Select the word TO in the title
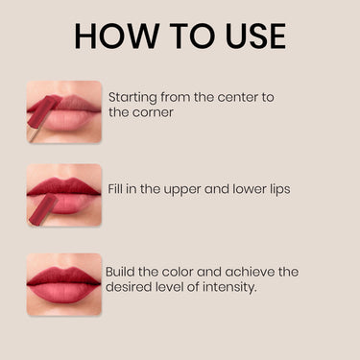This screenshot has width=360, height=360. [x=179, y=36]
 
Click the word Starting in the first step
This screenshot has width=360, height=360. [x=133, y=97]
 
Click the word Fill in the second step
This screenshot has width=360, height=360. [x=118, y=189]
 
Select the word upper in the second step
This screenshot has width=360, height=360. [x=192, y=190]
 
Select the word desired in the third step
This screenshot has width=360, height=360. [x=132, y=286]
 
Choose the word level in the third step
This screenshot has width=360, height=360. [x=175, y=286]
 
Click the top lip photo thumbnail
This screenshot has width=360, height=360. [x=64, y=112]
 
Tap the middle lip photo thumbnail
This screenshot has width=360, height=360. [x=64, y=195]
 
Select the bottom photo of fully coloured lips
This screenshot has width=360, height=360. [x=64, y=284]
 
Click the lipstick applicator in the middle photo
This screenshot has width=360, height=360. [x=42, y=210]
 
